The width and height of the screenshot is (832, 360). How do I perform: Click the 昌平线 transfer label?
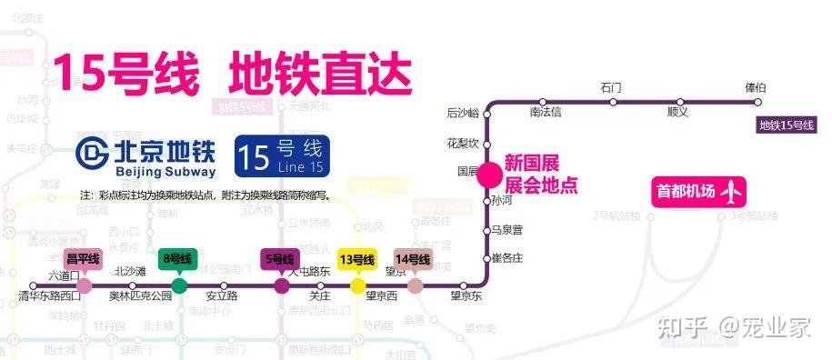point(84,259)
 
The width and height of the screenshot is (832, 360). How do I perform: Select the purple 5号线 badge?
point(280,259)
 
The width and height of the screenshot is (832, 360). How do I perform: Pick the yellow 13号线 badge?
point(356,259)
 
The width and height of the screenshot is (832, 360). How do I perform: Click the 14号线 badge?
point(413,259)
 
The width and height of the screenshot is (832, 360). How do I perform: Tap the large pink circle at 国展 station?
point(489,173)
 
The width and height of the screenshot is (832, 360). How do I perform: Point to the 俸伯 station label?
point(755,87)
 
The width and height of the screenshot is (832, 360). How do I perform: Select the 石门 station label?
point(611,87)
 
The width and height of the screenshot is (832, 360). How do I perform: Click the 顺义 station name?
point(677,113)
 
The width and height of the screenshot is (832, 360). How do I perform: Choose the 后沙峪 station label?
point(462,114)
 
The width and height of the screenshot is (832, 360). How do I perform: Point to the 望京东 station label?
point(466,296)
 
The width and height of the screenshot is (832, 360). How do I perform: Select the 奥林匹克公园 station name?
point(141,296)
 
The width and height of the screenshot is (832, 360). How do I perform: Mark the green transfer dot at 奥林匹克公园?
point(179,285)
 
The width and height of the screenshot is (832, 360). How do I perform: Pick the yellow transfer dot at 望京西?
point(358,285)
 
